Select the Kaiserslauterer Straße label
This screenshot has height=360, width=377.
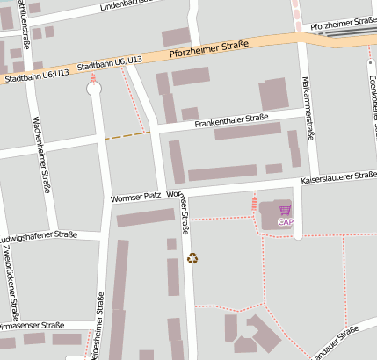click(338, 177)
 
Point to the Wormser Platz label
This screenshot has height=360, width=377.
click(133, 198)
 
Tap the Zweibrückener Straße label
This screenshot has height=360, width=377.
click(11, 282)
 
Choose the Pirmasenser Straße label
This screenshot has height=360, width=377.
click(35, 326)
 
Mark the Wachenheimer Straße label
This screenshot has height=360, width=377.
click(40, 154)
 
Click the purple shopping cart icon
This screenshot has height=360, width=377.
click(285, 211)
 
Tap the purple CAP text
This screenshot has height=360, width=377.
click(286, 221)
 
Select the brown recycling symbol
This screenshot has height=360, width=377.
click(193, 258)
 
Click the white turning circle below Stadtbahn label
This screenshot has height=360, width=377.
click(93, 86)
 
